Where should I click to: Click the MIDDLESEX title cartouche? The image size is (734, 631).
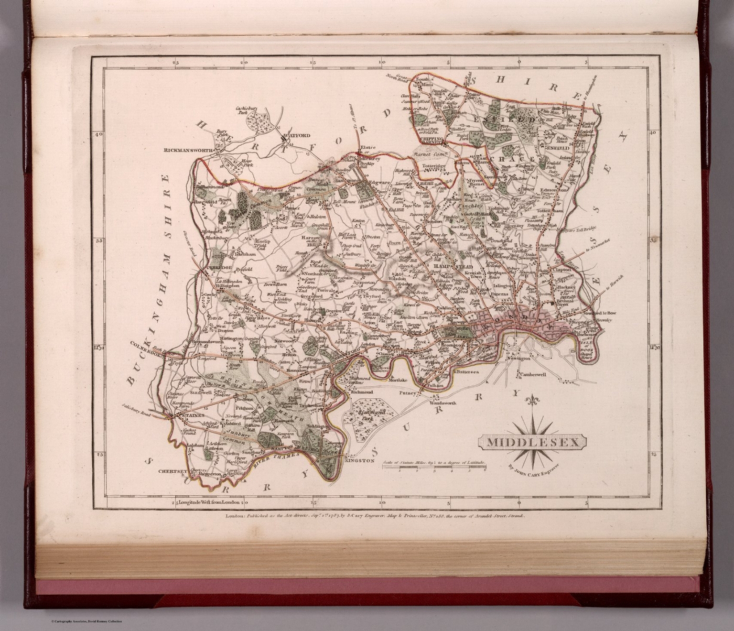pos(532,442)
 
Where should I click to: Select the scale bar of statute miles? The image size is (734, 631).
pos(433,468)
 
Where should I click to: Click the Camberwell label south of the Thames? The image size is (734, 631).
pos(533,375)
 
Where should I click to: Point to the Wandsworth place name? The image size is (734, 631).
pos(443,403)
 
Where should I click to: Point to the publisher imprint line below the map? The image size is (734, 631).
pos(374,516)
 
